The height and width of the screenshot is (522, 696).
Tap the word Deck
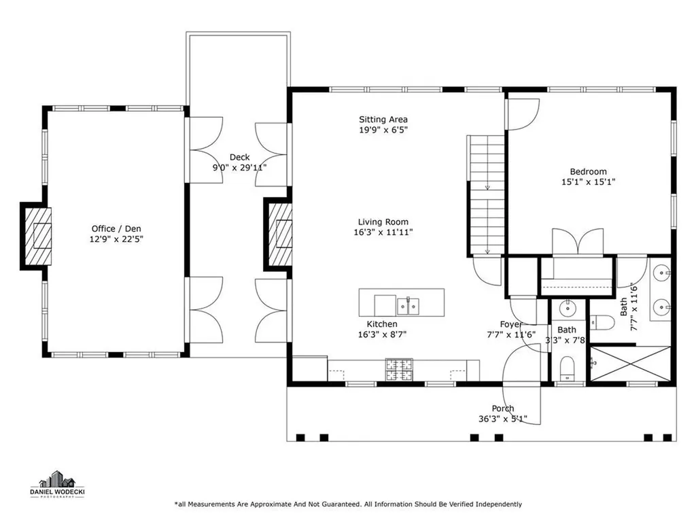239,157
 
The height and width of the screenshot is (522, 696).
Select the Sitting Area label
383,120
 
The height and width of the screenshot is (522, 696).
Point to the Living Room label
383,222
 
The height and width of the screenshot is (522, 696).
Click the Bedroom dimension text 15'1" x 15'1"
588,181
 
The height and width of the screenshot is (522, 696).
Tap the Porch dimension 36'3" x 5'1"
502,419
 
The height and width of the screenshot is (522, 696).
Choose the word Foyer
511,324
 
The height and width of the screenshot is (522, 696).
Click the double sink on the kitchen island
408,306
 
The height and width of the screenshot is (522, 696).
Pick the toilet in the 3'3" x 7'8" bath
565,370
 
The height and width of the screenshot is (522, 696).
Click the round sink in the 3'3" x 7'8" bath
566,310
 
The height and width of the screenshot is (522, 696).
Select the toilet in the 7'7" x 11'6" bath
602,321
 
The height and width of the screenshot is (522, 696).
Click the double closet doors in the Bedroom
577,243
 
